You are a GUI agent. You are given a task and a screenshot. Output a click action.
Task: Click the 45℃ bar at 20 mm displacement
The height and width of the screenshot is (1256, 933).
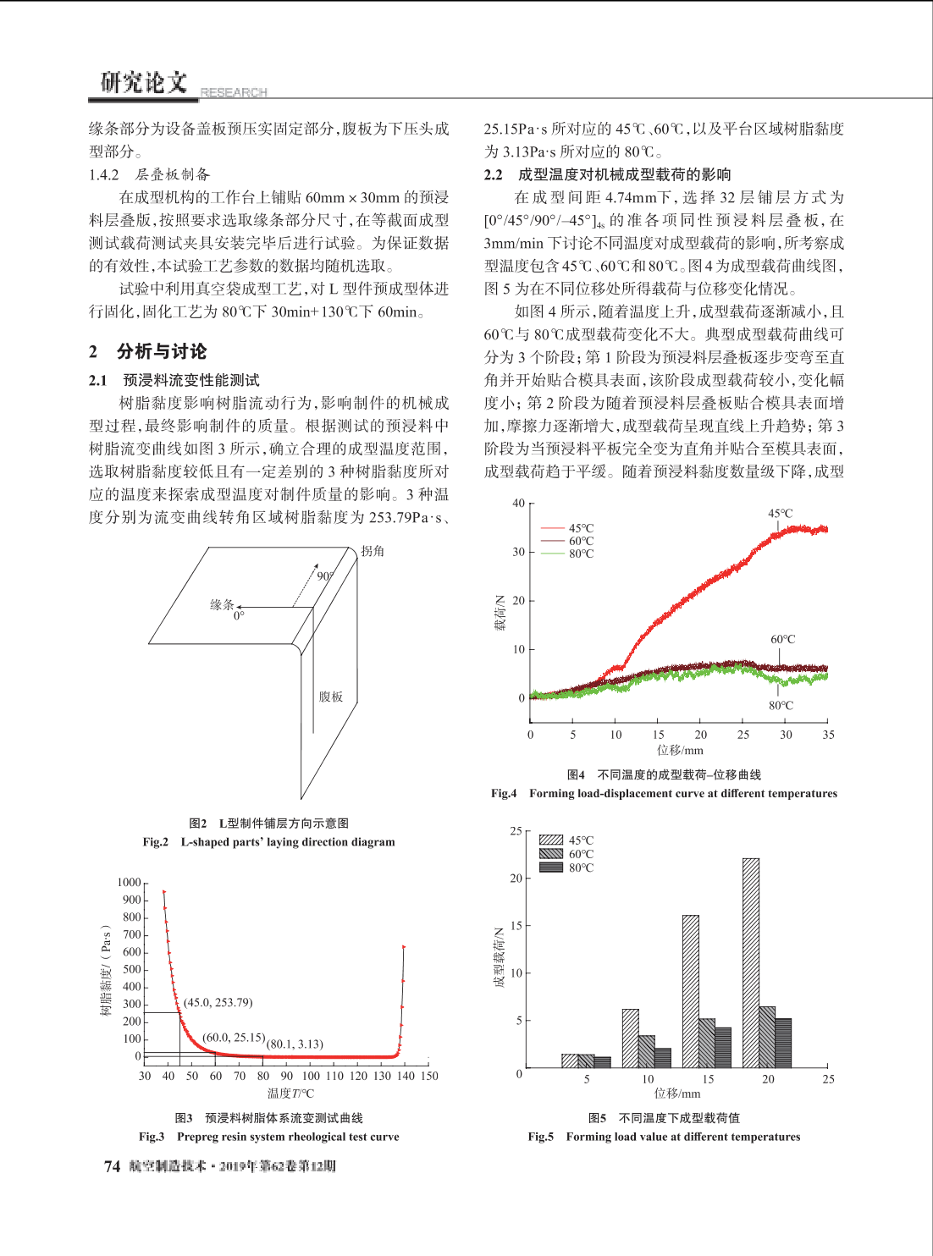pos(751,962)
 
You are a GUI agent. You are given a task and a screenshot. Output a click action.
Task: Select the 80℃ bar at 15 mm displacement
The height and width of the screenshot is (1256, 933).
pos(723,1047)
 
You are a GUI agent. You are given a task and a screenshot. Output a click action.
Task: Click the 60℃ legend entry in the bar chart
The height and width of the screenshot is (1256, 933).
pos(567,854)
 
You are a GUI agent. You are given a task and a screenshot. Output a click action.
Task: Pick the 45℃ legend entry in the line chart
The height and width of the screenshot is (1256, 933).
pos(567,528)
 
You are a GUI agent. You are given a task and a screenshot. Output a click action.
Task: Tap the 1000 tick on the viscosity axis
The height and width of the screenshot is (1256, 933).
pos(130,882)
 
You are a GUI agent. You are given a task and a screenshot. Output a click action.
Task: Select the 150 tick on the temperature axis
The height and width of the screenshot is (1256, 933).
pos(429,1076)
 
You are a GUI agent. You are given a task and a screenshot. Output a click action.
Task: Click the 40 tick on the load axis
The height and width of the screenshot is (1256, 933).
pos(518,503)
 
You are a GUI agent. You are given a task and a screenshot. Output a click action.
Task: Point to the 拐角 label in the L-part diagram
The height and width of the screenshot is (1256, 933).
pos(373,551)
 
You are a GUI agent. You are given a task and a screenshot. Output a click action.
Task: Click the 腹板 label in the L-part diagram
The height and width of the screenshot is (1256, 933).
pos(331,697)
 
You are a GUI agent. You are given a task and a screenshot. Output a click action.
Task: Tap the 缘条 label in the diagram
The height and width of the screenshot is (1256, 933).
pos(222,604)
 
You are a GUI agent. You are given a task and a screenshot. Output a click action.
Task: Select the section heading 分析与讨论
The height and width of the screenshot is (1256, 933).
pos(162,351)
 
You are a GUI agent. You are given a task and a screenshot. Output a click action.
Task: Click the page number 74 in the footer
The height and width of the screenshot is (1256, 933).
pos(112,1166)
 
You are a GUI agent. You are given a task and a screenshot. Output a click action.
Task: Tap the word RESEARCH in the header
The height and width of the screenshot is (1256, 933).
pos(234,92)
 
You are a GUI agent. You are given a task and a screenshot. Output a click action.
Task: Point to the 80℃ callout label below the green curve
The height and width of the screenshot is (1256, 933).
pos(781,705)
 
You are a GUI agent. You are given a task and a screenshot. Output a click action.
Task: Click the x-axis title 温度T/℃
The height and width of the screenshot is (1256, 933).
pos(290,1093)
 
